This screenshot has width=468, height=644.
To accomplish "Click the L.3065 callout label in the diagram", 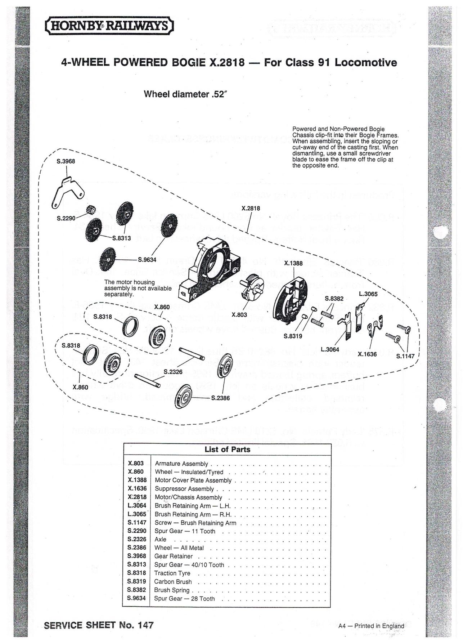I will (x=368, y=294).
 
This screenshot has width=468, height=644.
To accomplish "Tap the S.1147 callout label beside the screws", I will (x=405, y=356).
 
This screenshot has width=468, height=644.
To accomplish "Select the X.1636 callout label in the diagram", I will (x=367, y=354).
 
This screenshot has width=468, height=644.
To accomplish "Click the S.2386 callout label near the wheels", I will (x=220, y=398).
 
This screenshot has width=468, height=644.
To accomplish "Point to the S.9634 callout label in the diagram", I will (x=147, y=259).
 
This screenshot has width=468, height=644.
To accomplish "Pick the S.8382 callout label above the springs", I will (x=334, y=299).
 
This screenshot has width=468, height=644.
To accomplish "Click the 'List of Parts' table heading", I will (x=227, y=449).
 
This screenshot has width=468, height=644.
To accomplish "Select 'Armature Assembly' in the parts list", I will (x=181, y=464).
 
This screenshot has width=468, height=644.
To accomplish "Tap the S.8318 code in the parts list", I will (x=136, y=573).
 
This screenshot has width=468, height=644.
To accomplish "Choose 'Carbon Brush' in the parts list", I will (x=173, y=581).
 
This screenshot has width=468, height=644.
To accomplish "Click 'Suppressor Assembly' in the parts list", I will (x=184, y=489).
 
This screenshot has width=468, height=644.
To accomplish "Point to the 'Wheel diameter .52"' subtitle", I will (x=186, y=94).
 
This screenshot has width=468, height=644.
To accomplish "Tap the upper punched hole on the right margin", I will (x=440, y=233).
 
